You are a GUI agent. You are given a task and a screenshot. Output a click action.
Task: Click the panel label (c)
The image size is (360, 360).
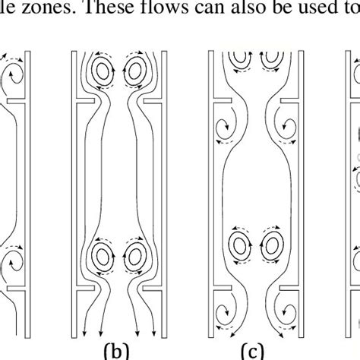coord(252,350)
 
